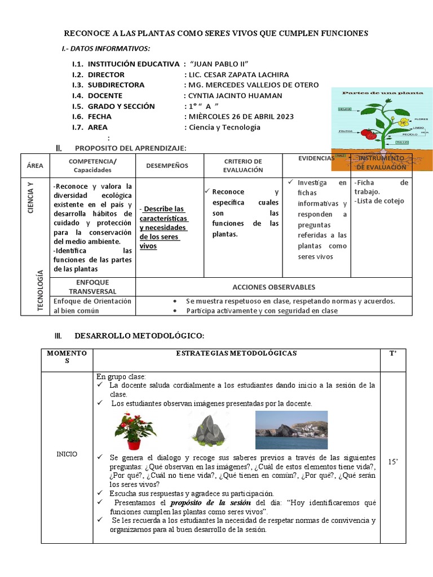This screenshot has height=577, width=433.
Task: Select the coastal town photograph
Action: pyautogui.click(x=291, y=430)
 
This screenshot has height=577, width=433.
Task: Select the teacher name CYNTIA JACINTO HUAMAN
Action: pyautogui.click(x=235, y=96)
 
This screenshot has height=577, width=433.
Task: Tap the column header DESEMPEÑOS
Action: pyautogui.click(x=167, y=166)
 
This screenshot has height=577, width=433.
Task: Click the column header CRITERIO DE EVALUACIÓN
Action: pyautogui.click(x=242, y=166)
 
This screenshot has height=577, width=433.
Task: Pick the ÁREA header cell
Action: pyautogui.click(x=35, y=166)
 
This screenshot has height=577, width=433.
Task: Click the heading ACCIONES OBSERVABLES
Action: pyautogui.click(x=273, y=287)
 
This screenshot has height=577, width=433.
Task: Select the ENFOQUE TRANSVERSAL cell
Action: pyautogui.click(x=92, y=287)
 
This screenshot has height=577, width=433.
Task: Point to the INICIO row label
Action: pyautogui.click(x=67, y=454)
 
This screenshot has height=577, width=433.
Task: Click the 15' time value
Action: pyautogui.click(x=393, y=462)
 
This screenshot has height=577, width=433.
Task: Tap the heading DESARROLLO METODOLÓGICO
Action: pyautogui.click(x=139, y=336)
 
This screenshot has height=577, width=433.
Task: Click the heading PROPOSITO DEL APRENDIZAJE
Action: pyautogui.click(x=130, y=148)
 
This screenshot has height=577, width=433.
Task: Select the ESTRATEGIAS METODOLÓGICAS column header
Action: pyautogui.click(x=236, y=353)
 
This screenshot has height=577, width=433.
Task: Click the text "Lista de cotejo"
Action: pyautogui.click(x=380, y=201)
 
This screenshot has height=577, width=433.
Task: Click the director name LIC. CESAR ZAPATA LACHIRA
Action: pyautogui.click(x=236, y=74)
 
